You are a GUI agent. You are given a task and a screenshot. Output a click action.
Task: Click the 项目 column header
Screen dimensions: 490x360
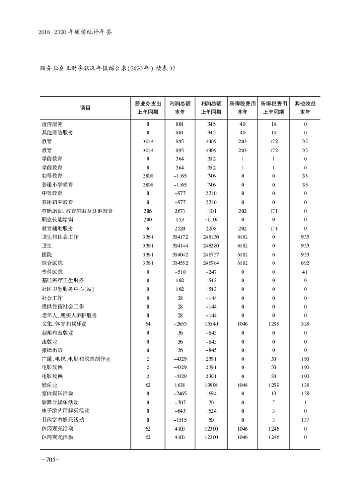[x=85, y=108]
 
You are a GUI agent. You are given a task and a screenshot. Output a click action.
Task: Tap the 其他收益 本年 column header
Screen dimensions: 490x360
[x=305, y=108]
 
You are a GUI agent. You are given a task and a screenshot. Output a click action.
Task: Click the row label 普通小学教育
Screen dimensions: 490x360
[x=57, y=185]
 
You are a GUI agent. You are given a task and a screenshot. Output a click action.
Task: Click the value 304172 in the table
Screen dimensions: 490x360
[x=180, y=237]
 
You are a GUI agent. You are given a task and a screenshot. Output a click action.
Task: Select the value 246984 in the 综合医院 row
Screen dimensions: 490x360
[x=211, y=263]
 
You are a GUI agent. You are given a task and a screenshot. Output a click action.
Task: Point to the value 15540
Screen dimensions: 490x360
[x=211, y=324]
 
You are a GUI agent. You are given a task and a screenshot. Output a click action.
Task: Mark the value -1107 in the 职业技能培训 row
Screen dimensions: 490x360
[x=211, y=219]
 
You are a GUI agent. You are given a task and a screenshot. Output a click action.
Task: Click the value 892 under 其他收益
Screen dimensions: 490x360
[x=306, y=263]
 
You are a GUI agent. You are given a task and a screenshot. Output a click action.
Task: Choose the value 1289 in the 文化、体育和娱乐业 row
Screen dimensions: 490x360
[x=273, y=324]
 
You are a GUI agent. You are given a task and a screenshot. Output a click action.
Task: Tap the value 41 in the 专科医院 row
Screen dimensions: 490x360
[x=306, y=272]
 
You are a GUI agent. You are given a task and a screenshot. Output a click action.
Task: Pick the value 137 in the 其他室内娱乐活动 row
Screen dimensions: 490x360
[x=306, y=420]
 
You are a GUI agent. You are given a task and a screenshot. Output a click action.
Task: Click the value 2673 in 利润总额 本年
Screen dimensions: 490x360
[x=180, y=211]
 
